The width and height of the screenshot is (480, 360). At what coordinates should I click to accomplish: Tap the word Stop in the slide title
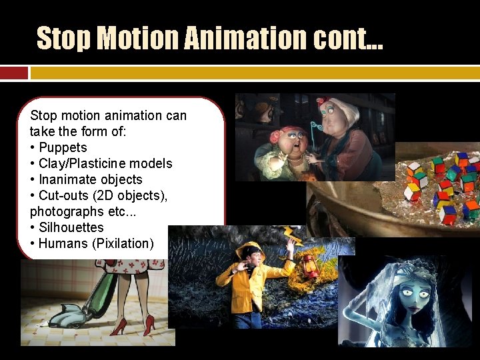pyautogui.click(x=63, y=37)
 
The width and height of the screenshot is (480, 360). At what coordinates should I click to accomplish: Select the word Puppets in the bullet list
pyautogui.click(x=63, y=147)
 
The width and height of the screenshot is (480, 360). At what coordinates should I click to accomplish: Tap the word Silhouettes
pyautogui.click(x=71, y=227)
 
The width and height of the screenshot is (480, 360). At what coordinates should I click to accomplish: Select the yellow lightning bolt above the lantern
pyautogui.click(x=292, y=235)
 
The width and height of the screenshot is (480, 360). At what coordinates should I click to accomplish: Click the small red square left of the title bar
pyautogui.click(x=14, y=73)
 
